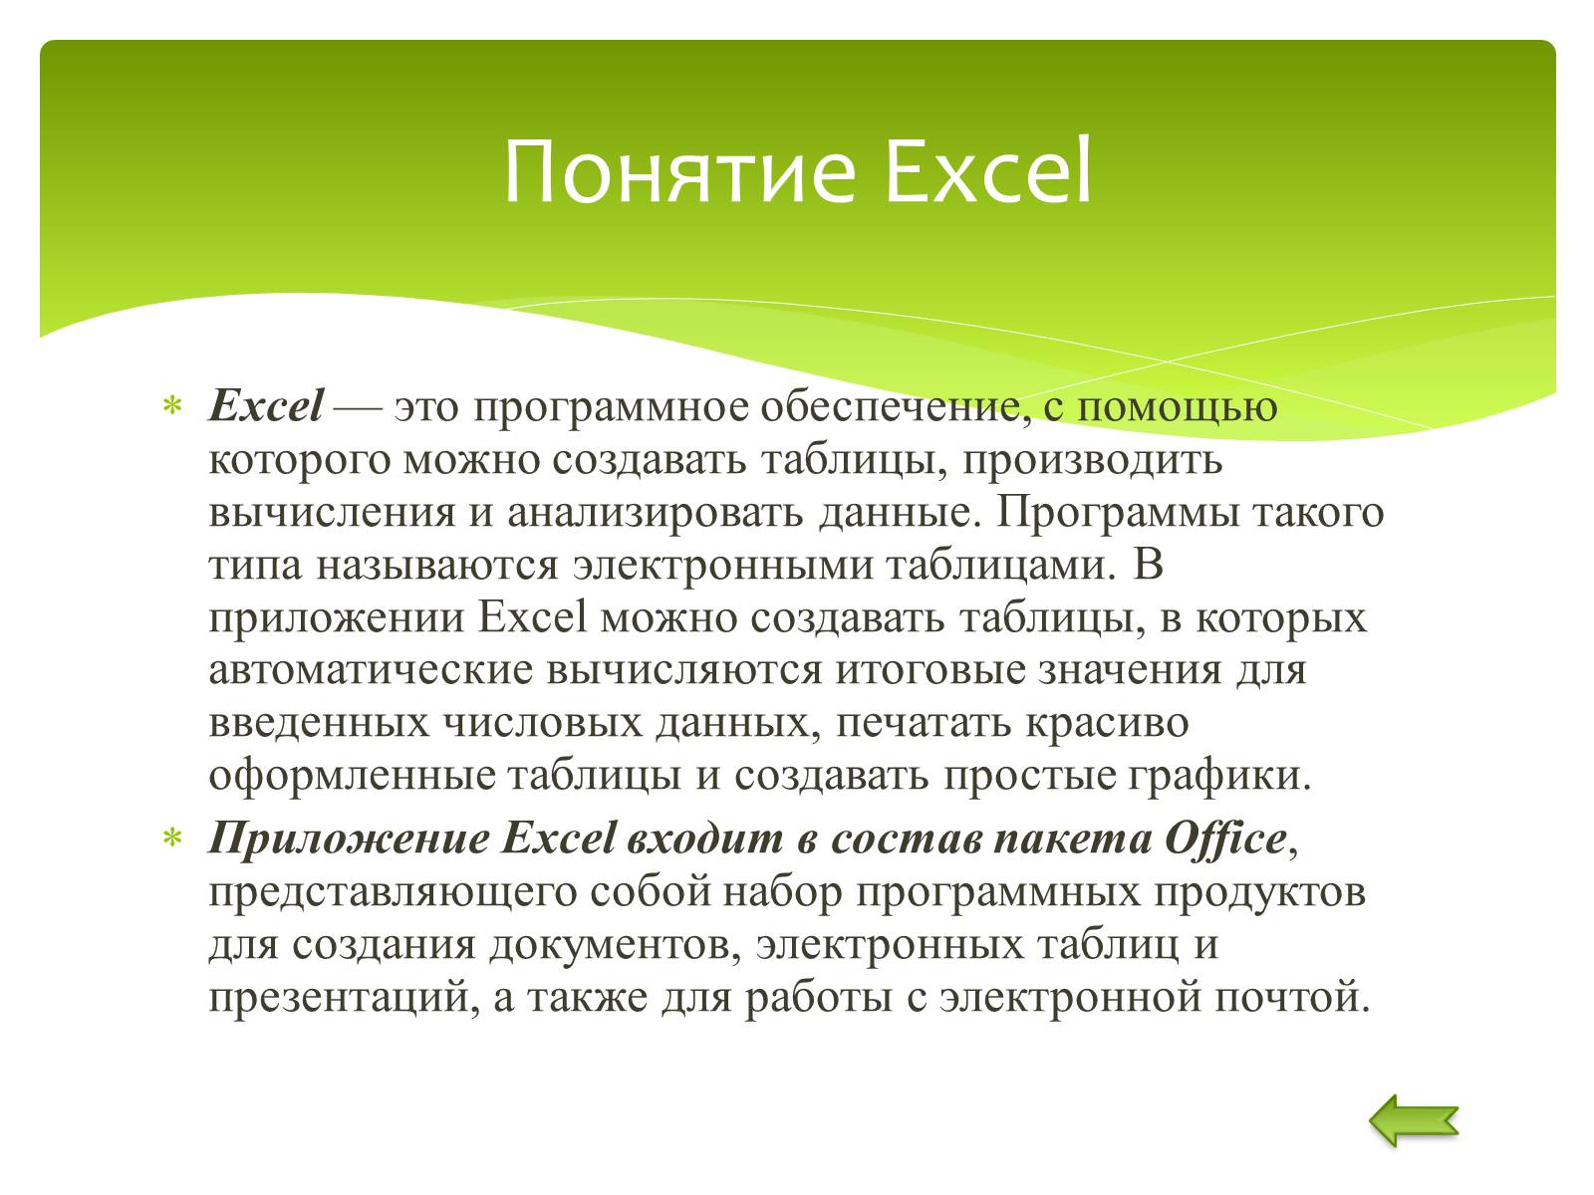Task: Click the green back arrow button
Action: pos(1413,1121)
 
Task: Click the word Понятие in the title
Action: pos(679,172)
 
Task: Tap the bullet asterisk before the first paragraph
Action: pos(172,405)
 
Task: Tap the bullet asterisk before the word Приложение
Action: pos(172,838)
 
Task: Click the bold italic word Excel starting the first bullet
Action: pos(266,405)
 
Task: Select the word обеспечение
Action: pos(896,406)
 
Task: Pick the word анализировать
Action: pos(655,512)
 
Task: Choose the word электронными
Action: pos(722,566)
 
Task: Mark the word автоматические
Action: pos(371,670)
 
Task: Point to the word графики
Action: pos(1219,777)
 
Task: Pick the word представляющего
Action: pos(393,894)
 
